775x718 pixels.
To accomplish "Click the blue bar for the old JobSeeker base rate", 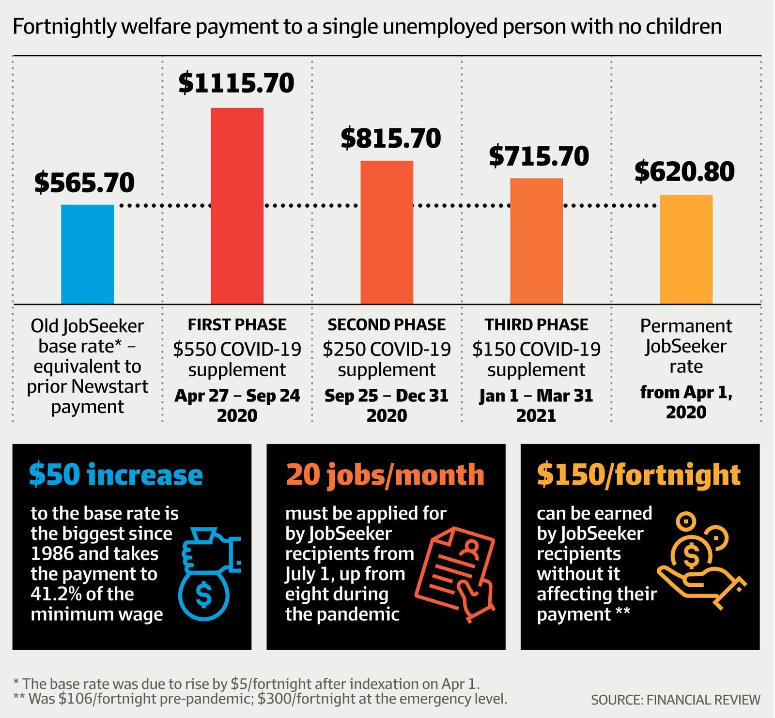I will coord(88,254).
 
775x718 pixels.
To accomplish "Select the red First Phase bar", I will coord(237,206).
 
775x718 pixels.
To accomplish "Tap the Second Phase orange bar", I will coord(387,232).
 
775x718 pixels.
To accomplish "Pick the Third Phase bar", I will coord(536,241).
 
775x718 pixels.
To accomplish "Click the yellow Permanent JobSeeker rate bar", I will coord(686,249).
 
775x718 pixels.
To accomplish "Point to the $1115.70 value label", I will coord(236,83).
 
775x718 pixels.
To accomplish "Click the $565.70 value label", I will coord(85,183).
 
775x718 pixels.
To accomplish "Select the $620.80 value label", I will coord(685,171).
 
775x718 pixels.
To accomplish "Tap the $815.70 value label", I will coord(391,138).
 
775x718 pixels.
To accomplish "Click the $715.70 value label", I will coord(539,156).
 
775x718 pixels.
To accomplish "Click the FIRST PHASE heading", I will coord(237,324).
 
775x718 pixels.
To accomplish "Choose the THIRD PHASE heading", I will coord(536,324).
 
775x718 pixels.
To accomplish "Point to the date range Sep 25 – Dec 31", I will coord(387,396).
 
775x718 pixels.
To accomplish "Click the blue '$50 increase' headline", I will coord(116,474).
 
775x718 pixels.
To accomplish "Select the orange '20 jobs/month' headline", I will coord(385,474).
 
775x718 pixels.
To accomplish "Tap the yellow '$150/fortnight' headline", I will coord(638,474).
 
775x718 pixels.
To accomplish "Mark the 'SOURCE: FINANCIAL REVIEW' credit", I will coord(675,700).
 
